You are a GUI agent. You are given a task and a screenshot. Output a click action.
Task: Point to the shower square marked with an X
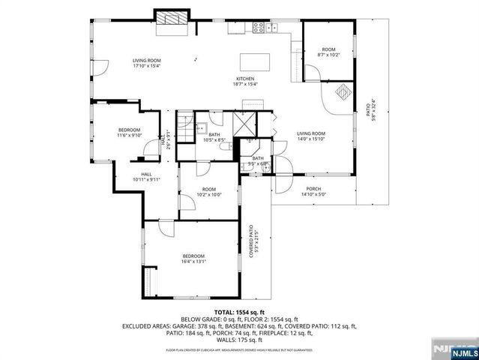point(243,123)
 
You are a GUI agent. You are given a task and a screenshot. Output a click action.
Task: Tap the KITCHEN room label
point(246,81)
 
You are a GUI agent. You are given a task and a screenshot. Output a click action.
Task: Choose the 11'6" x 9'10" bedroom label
point(128,133)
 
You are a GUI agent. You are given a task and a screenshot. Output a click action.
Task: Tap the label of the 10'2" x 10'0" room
point(208,192)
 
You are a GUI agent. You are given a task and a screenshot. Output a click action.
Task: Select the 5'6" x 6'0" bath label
point(257,160)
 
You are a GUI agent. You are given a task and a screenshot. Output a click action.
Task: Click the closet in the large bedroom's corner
point(151,283)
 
